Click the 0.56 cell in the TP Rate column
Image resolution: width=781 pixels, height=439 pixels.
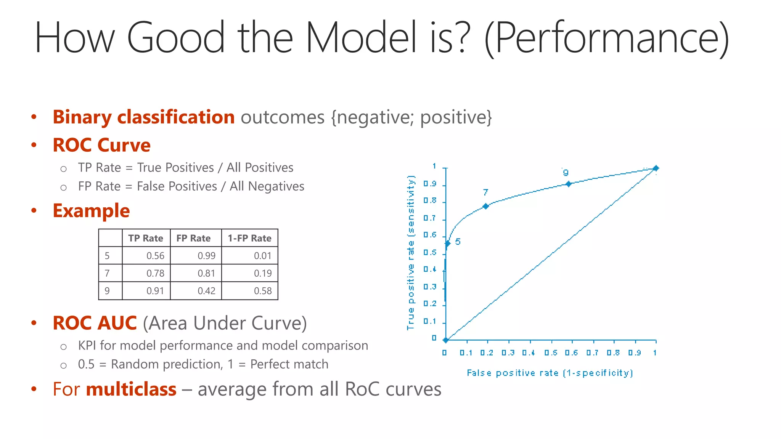pyautogui.click(x=155, y=256)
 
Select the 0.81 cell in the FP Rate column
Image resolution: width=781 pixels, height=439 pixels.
pyautogui.click(x=206, y=273)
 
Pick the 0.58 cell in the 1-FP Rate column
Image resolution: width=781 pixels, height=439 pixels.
pyautogui.click(x=263, y=291)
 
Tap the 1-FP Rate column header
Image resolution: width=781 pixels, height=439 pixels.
pyautogui.click(x=249, y=238)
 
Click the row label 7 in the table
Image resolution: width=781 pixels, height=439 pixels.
pyautogui.click(x=107, y=273)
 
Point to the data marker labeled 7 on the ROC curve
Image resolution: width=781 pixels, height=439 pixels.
pyautogui.click(x=486, y=206)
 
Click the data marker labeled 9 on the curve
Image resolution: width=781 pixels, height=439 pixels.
pyautogui.click(x=569, y=184)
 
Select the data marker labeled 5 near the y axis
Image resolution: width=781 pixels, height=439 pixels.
pyautogui.click(x=448, y=243)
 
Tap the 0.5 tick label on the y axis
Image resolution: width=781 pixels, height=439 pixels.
pyautogui.click(x=430, y=253)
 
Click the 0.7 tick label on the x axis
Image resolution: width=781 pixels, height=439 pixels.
pyautogui.click(x=592, y=353)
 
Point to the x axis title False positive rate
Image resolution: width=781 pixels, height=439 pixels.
pyautogui.click(x=550, y=373)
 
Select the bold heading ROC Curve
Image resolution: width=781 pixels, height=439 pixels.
pyautogui.click(x=101, y=145)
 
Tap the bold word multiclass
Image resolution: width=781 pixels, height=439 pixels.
pyautogui.click(x=131, y=389)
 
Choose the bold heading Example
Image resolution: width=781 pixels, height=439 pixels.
pyautogui.click(x=91, y=211)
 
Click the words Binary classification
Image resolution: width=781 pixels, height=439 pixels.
pyautogui.click(x=143, y=117)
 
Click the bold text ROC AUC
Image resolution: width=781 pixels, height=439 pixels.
pyautogui.click(x=95, y=323)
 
